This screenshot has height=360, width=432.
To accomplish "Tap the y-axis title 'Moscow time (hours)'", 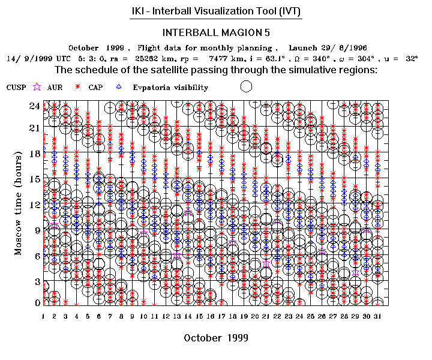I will pos(19,203).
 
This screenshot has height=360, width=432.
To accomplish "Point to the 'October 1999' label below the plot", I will pos(216,338).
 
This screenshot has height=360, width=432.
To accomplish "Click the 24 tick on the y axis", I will pos(35,106).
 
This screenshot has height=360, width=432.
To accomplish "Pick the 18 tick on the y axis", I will pos(35,153).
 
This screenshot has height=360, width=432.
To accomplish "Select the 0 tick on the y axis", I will pos(37,303).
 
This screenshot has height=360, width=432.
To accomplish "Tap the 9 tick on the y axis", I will pos(37,230).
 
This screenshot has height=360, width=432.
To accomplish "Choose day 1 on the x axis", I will pos(44,316).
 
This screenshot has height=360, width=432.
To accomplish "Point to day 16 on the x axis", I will pos(211,316).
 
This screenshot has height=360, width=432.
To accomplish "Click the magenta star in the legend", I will pos(37,87).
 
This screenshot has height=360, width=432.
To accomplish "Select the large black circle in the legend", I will pos(246,86).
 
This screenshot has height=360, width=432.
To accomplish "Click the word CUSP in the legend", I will pos(16,88).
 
